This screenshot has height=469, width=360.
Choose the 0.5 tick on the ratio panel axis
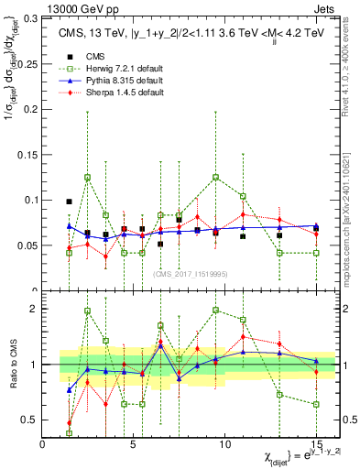pos(28,420)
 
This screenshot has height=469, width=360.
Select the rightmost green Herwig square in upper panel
pos(316,253)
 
